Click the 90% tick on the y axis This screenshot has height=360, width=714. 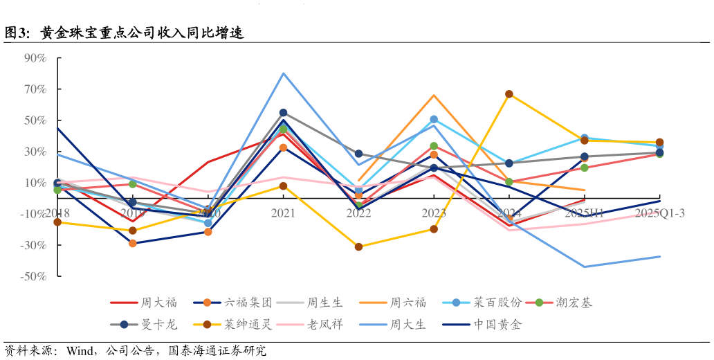click(35, 58)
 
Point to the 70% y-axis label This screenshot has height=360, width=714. click(35, 89)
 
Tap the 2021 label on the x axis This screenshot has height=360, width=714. click(283, 213)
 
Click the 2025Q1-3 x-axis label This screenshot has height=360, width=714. click(659, 213)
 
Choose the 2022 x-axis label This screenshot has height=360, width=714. click(358, 213)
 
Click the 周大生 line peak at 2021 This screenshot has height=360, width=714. click(283, 73)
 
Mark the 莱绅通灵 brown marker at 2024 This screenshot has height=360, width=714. click(509, 94)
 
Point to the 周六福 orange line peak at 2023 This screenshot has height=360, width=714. click(434, 96)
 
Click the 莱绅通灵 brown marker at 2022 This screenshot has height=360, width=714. click(358, 246)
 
